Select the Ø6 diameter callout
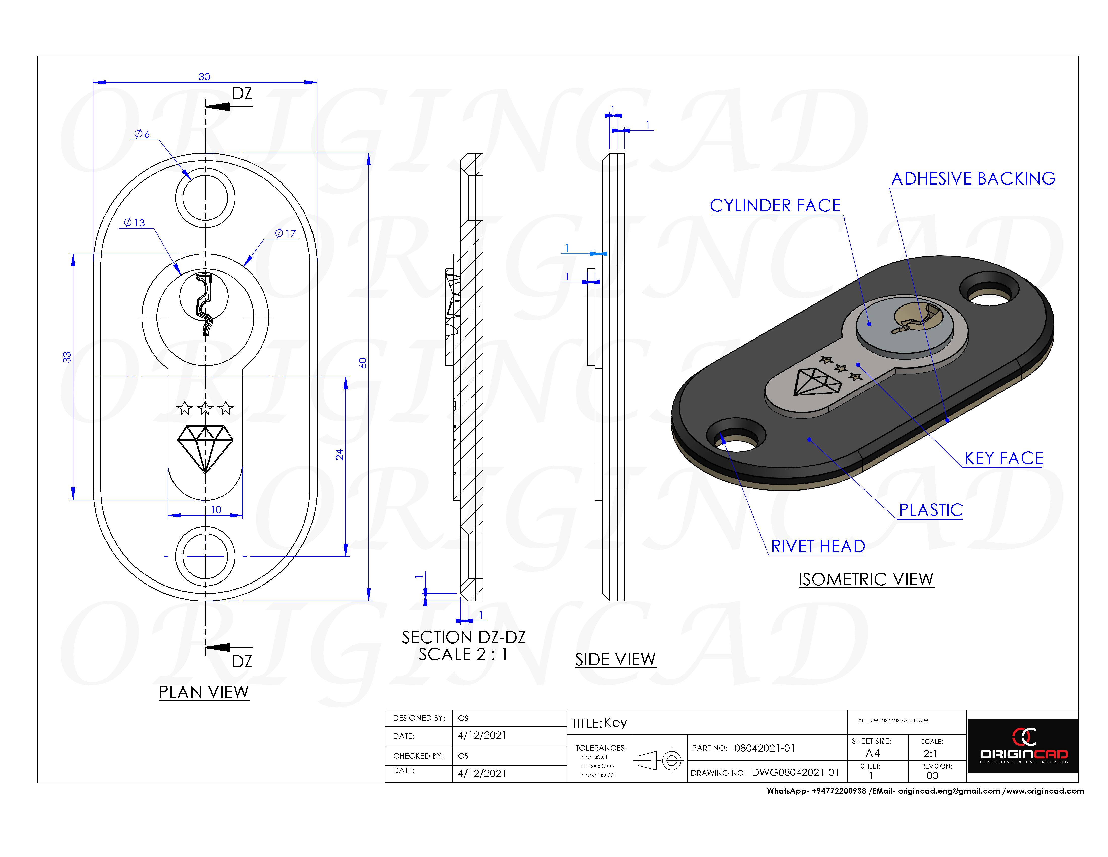[x=142, y=134]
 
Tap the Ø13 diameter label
[x=134, y=222]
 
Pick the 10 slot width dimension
[x=216, y=510]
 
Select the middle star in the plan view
[x=205, y=408]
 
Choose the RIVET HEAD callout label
[x=818, y=546]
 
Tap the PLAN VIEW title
[x=203, y=692]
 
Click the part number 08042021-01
[x=765, y=748]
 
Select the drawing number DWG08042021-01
[x=795, y=772]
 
